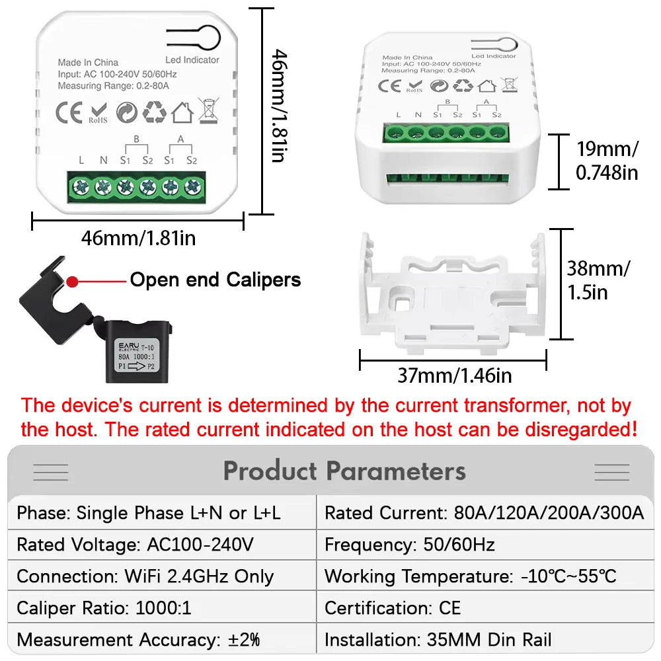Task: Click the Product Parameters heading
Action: [344, 471]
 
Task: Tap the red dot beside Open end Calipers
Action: [73, 281]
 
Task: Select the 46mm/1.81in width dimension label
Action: [138, 237]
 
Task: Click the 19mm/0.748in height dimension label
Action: [607, 160]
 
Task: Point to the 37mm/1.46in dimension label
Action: [454, 375]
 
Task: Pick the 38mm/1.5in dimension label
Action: [598, 280]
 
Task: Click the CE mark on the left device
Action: [69, 112]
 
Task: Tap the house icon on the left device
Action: [182, 112]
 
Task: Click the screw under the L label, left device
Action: [81, 187]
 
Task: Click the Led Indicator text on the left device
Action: [192, 59]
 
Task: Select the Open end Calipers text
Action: [215, 280]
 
